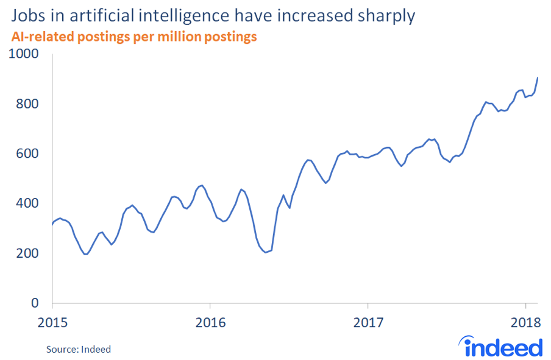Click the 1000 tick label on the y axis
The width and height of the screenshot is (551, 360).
click(x=24, y=54)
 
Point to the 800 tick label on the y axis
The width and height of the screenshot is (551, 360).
click(x=27, y=104)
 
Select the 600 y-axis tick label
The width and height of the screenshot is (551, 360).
click(x=27, y=154)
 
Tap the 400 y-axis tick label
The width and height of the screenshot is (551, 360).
click(x=27, y=204)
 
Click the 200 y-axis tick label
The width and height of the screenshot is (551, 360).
click(x=27, y=254)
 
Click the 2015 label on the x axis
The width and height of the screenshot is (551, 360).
click(x=52, y=321)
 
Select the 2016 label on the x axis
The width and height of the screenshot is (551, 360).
click(x=210, y=321)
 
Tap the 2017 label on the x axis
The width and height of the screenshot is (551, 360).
click(x=368, y=321)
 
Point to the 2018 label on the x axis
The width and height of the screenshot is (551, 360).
click(x=525, y=321)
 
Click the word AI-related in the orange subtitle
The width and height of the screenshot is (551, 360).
click(x=40, y=37)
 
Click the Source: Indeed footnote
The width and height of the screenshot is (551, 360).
click(x=79, y=349)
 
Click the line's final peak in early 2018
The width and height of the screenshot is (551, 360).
click(x=538, y=77)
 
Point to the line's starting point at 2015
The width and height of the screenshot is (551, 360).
click(x=52, y=225)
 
